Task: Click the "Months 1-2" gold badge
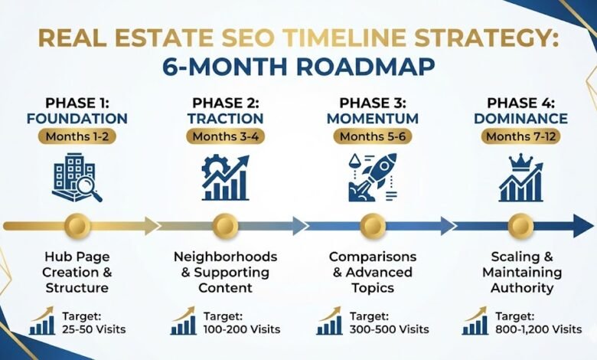(77, 136)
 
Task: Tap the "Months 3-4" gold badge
(225, 136)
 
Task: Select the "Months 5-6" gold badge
(373, 136)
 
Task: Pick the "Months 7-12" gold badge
(520, 136)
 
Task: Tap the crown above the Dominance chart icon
(520, 162)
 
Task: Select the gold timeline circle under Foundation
(77, 225)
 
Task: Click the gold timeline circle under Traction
(225, 225)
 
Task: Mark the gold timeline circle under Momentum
(373, 225)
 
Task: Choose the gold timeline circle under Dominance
(520, 225)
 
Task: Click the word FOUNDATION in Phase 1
(77, 119)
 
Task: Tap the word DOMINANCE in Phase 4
(520, 119)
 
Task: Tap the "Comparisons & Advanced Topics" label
(373, 271)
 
